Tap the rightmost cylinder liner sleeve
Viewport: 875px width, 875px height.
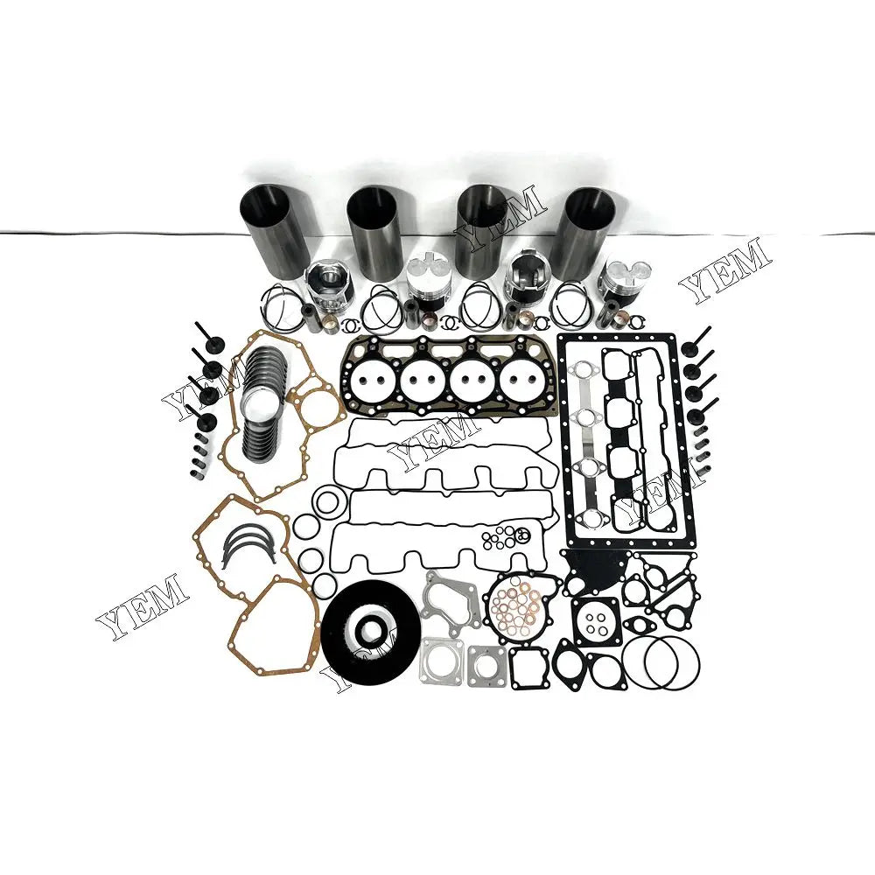pos(590,232)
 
